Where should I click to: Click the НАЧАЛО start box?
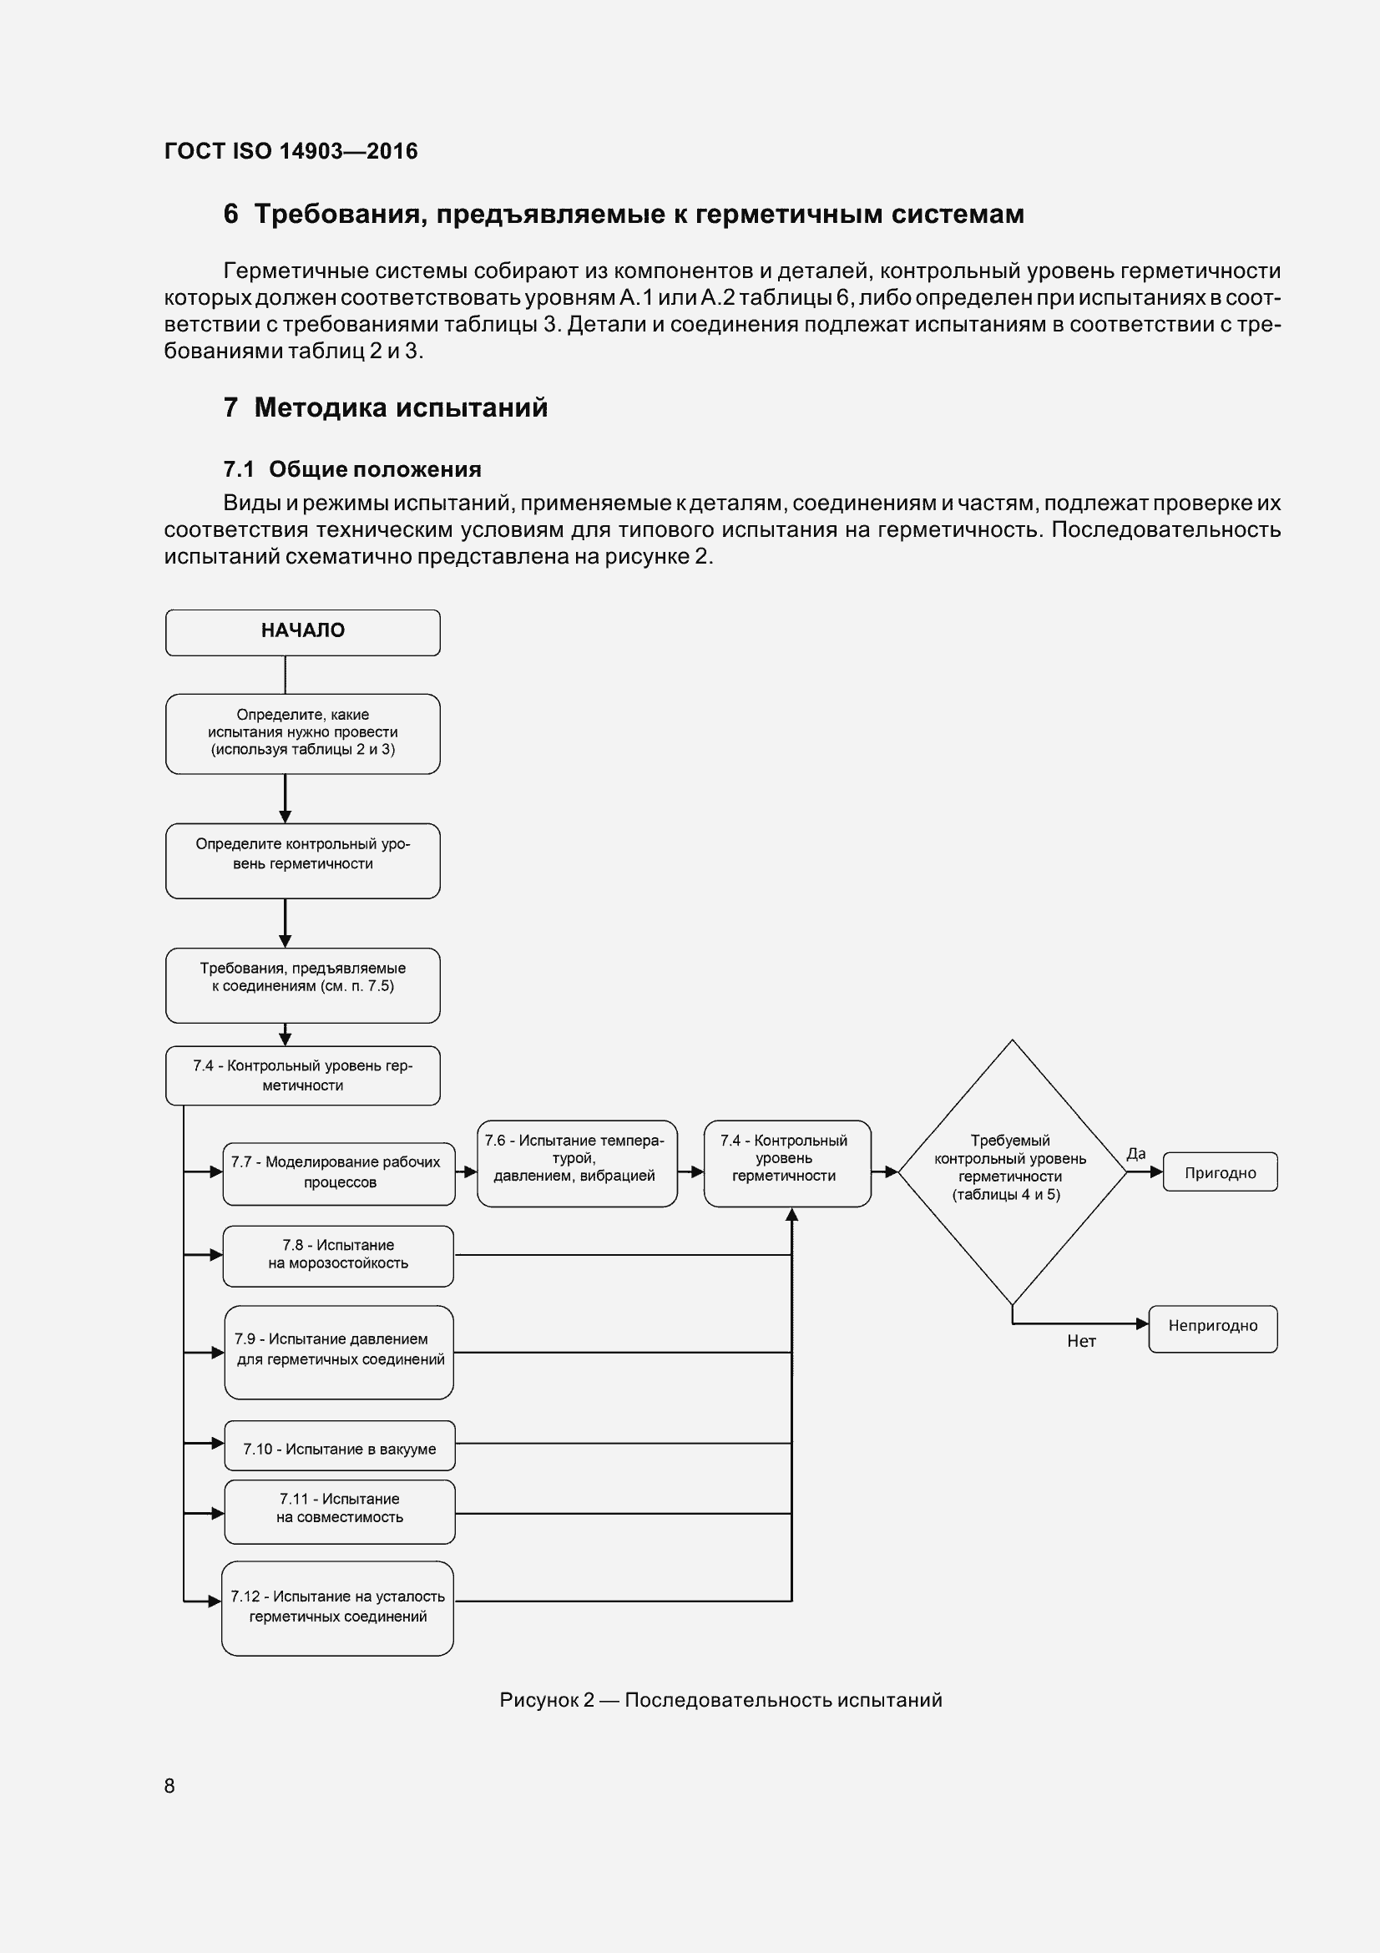pos(303,632)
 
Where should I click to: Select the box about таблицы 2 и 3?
pos(303,733)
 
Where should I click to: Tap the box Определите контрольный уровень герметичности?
pos(303,860)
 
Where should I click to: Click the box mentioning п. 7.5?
pos(303,984)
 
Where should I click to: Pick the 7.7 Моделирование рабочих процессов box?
pos(338,1173)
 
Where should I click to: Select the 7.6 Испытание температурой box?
pos(577,1163)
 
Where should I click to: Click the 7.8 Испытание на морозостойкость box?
pos(337,1256)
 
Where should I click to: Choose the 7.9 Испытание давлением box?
pos(338,1352)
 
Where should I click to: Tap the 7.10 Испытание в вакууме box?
pos(339,1449)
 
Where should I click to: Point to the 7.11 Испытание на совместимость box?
pos(339,1510)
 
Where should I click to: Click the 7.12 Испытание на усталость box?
pos(337,1606)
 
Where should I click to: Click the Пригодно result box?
pos(1220,1172)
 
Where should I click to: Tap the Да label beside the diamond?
pos(1136,1153)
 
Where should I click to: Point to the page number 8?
pos(169,1786)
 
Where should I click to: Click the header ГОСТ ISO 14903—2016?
pos(291,151)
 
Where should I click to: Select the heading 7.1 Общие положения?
pos(352,469)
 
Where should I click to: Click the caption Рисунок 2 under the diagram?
pos(720,1700)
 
